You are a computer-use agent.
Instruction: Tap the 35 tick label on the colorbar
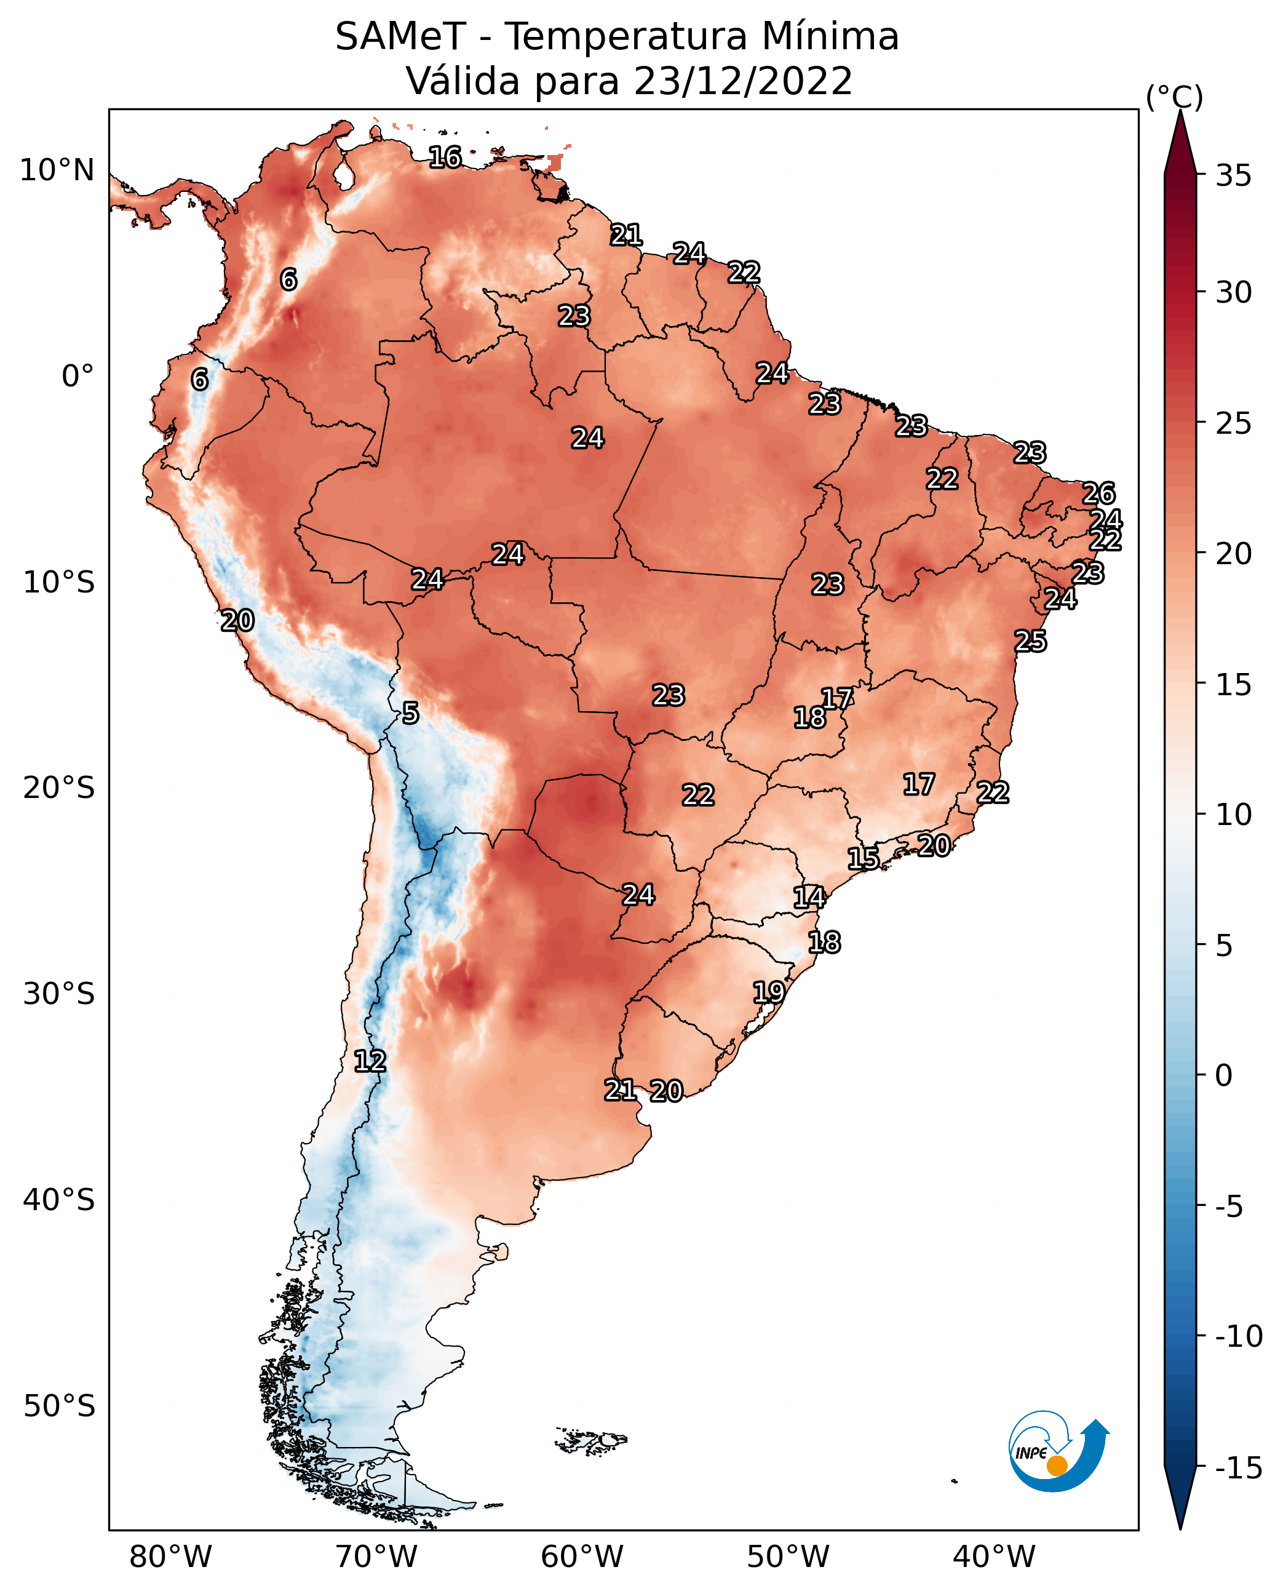point(1233,176)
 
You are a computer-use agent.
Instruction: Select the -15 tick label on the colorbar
point(1239,1467)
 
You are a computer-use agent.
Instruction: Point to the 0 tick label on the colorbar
point(1224,1075)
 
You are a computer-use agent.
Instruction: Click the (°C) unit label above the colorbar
point(1174,97)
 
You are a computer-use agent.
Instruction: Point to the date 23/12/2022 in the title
point(743,81)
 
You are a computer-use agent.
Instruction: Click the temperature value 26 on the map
point(1098,493)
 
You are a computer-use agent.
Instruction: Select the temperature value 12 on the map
point(370,1062)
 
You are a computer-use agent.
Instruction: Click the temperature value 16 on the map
point(445,157)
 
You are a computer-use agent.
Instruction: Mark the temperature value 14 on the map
point(809,898)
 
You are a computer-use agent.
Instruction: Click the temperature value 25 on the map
point(1030,641)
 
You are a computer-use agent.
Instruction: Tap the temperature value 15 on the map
point(863,858)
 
